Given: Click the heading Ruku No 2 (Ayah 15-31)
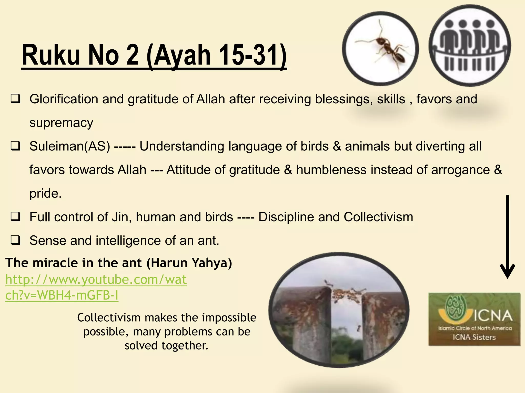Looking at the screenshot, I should point(154,55).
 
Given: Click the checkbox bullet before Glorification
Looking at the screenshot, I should point(15,99).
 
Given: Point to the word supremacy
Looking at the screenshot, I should point(61,123).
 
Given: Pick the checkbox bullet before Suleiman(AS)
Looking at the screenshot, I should point(15,146).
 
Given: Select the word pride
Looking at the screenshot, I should point(45,193).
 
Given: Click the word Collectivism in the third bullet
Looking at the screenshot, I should point(378,217).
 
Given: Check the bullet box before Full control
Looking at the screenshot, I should point(15,217).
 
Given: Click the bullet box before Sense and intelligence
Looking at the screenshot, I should point(15,241).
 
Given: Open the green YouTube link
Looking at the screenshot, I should point(96,287).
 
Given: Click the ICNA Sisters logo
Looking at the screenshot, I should point(474,319).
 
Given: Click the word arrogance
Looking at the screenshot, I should point(460,170).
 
